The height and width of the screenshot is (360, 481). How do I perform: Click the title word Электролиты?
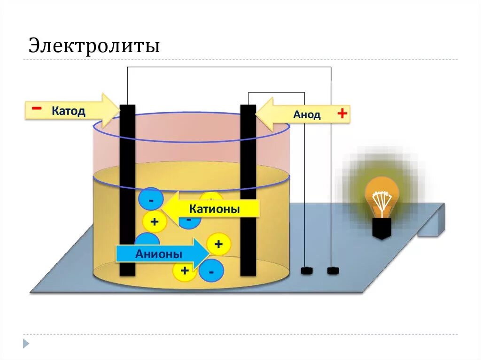click(94, 46)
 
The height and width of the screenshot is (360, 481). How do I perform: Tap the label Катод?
click(68, 111)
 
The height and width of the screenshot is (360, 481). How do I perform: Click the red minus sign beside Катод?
click(36, 109)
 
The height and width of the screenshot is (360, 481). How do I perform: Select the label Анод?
click(307, 115)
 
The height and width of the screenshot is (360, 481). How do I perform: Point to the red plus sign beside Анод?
click(342, 113)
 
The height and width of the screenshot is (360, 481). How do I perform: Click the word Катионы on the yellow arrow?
click(214, 209)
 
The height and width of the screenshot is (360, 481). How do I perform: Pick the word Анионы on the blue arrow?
click(158, 254)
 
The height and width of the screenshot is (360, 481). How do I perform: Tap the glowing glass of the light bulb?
click(382, 195)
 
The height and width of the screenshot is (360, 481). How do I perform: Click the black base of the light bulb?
click(381, 228)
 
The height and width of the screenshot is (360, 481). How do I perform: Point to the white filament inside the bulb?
click(381, 199)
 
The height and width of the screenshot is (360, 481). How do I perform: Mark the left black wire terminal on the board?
click(306, 271)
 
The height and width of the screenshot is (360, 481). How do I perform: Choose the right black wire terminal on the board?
click(333, 270)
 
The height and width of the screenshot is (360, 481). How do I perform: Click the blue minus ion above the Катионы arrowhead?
click(151, 199)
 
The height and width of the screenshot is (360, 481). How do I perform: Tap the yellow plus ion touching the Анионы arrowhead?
click(218, 244)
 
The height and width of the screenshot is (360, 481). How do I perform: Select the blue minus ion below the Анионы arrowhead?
click(211, 271)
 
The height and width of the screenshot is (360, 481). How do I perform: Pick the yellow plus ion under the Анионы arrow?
click(185, 271)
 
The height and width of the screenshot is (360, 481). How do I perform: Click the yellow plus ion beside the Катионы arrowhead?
click(155, 221)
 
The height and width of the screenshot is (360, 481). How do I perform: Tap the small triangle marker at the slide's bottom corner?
click(26, 343)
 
